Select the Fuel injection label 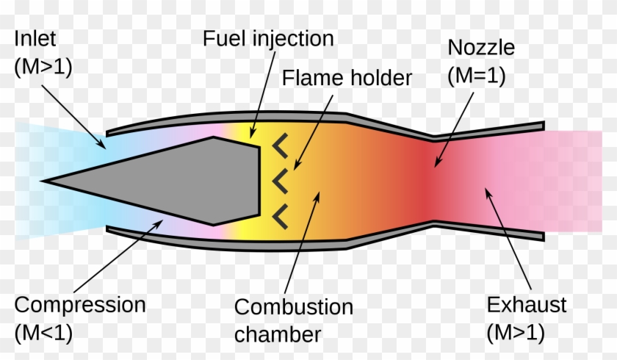pyautogui.click(x=268, y=38)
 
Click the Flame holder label pyautogui.click(x=347, y=76)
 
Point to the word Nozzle pyautogui.click(x=481, y=49)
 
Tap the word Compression pyautogui.click(x=80, y=304)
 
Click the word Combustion pyautogui.click(x=293, y=307)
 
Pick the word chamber pyautogui.click(x=278, y=334)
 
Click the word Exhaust pyautogui.click(x=527, y=304)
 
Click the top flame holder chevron pyautogui.click(x=280, y=146)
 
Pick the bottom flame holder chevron pyautogui.click(x=280, y=215)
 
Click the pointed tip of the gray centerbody pyautogui.click(x=44, y=180)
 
